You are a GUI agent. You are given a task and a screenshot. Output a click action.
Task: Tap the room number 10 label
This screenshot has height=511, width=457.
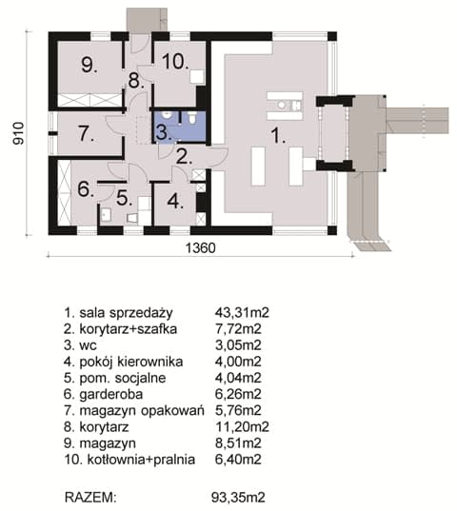[175, 61]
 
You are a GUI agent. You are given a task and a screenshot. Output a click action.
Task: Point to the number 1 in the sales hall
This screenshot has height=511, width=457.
[278, 135]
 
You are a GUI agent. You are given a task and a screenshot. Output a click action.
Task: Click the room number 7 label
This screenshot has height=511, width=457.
[86, 133]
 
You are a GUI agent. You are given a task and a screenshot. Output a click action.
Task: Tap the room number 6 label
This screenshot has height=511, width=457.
[86, 189]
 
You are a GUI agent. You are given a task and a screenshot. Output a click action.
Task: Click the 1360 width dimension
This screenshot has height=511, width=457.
[201, 248]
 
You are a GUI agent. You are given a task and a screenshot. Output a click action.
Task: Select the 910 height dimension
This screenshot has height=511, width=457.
[19, 133]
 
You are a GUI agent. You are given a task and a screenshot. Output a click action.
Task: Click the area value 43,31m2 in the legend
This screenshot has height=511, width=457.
[242, 312]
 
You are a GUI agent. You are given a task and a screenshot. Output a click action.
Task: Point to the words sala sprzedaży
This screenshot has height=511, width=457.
[126, 313]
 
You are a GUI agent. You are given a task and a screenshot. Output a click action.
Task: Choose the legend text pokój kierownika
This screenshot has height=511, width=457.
[131, 362]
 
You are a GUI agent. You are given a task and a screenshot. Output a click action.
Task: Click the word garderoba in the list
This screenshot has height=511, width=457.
[111, 395]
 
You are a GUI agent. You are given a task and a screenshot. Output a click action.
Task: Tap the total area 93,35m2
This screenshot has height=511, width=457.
[238, 498]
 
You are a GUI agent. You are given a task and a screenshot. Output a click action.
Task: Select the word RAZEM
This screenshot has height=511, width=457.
[90, 498]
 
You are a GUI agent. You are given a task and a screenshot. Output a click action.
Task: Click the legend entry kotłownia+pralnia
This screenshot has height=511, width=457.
[141, 460]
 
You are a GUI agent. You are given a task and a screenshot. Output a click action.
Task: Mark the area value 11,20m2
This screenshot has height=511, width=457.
[242, 426]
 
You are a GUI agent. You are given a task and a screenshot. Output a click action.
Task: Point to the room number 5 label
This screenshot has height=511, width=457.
[124, 198]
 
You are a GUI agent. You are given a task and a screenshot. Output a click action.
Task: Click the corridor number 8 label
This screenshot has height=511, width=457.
[136, 81]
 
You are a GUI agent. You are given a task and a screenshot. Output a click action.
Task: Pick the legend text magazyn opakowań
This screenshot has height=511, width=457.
[142, 411]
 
